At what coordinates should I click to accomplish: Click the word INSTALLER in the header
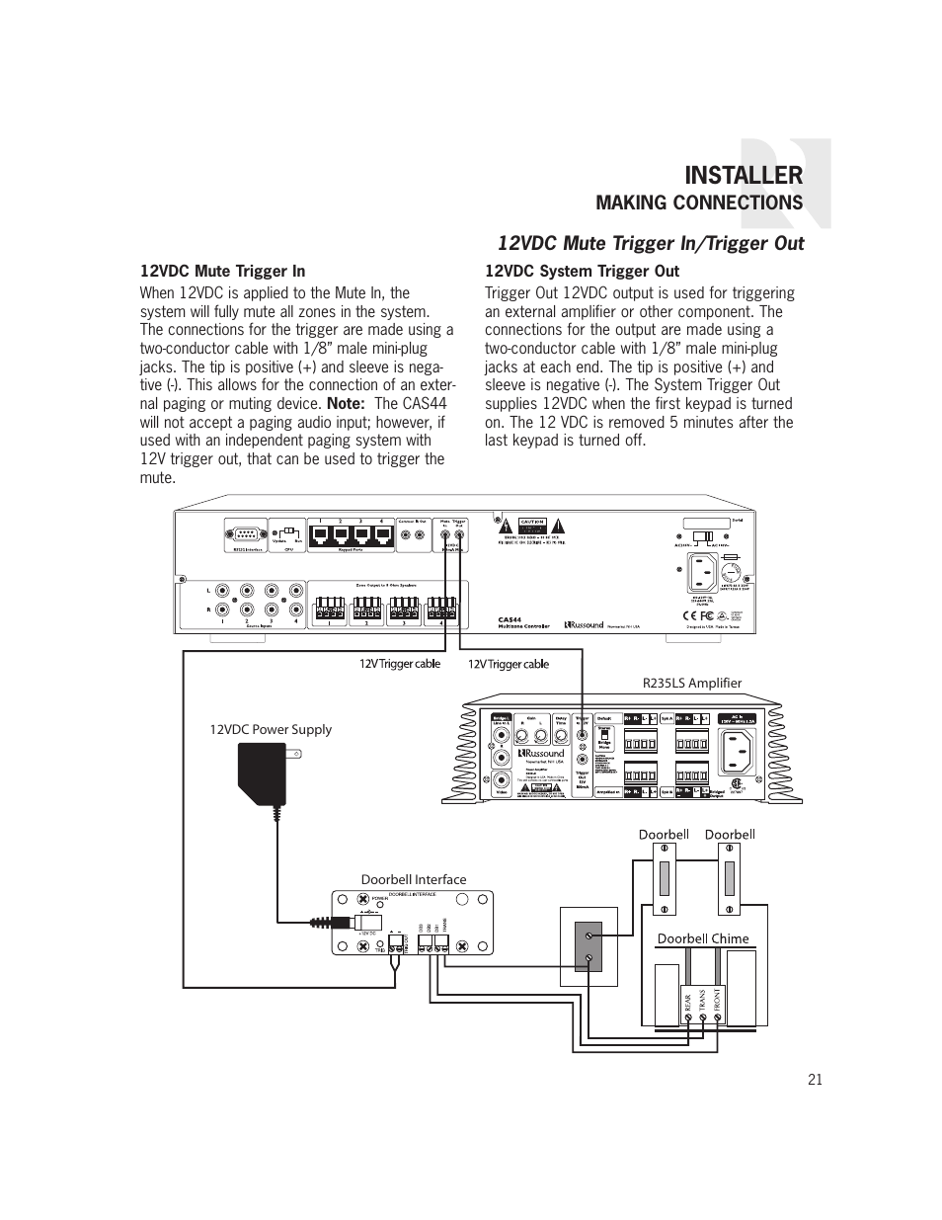pyautogui.click(x=743, y=176)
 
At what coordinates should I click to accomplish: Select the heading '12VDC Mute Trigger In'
pyautogui.click(x=222, y=271)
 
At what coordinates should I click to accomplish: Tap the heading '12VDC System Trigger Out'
pyautogui.click(x=582, y=271)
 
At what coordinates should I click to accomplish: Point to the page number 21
pyautogui.click(x=814, y=1079)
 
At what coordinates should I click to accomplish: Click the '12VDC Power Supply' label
pyautogui.click(x=271, y=729)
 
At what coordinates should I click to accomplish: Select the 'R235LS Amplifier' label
pyautogui.click(x=691, y=683)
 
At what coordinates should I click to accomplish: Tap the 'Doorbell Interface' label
pyautogui.click(x=413, y=879)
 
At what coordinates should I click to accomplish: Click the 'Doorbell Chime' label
pyautogui.click(x=703, y=938)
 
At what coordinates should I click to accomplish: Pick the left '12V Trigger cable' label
pyautogui.click(x=400, y=664)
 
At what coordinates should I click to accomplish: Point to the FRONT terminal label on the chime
pyautogui.click(x=718, y=1006)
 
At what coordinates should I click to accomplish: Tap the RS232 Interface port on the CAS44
pyautogui.click(x=245, y=536)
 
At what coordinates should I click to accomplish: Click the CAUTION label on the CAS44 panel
pyautogui.click(x=532, y=522)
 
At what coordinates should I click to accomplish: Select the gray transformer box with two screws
pyautogui.click(x=589, y=945)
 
